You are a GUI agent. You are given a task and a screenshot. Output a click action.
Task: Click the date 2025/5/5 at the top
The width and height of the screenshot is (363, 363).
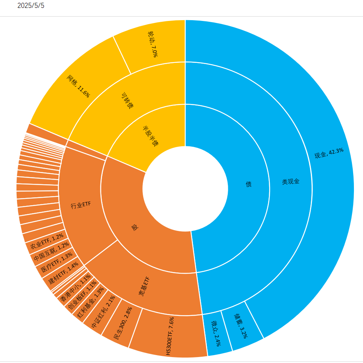coord(31,6)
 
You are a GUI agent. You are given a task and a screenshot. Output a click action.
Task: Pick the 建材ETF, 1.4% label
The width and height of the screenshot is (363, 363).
coord(63,274)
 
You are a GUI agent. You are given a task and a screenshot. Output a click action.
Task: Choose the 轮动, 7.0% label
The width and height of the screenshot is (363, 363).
coord(152,44)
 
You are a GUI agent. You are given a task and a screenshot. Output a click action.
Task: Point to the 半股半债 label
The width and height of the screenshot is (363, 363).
coord(150,136)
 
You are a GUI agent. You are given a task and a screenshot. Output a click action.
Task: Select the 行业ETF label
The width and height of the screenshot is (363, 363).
coord(81,205)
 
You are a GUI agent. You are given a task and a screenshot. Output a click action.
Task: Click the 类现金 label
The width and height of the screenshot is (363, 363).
coord(291,181)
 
